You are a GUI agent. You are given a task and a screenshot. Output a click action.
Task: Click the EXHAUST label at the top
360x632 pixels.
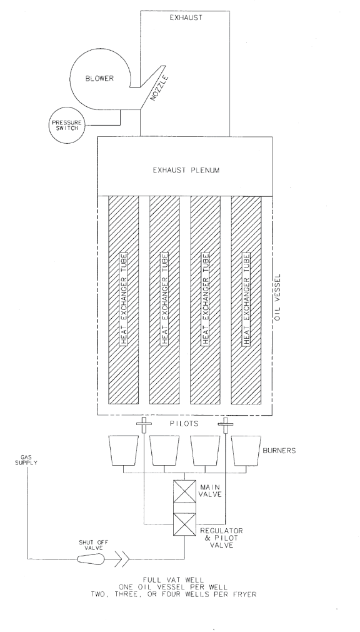[186, 18]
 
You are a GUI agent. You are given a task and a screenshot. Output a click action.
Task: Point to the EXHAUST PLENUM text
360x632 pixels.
[186, 170]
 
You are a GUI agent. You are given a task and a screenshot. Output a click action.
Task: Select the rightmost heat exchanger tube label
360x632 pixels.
[246, 299]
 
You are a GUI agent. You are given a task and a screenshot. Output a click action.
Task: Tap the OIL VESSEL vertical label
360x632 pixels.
[277, 298]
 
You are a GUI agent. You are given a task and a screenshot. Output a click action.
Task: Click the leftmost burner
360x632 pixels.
[123, 451]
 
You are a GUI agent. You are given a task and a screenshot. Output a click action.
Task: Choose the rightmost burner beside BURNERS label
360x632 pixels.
[246, 451]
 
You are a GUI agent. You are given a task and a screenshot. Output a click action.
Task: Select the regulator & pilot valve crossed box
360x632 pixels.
[184, 524]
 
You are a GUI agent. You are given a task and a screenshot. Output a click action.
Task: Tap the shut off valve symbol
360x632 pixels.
[91, 559]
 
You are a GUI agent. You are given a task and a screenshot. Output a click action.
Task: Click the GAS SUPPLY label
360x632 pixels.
[26, 460]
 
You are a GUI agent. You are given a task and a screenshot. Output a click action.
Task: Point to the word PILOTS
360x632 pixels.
[184, 424]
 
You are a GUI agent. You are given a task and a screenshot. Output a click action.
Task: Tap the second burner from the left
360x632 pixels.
[164, 451]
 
